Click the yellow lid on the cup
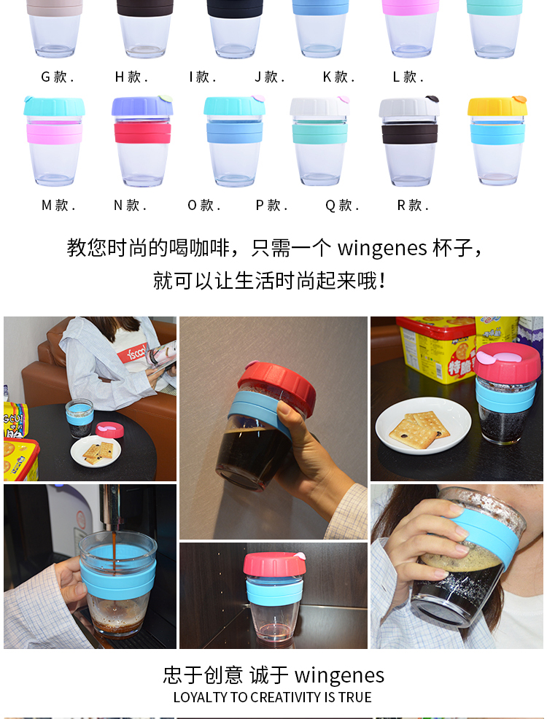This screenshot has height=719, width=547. (497, 106)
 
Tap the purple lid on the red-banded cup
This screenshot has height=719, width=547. (142, 106)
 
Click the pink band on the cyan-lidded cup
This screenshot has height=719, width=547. (54, 133)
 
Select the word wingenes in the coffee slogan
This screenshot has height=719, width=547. (382, 249)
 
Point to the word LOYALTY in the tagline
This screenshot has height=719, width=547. (201, 697)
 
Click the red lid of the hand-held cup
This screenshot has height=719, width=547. (276, 386)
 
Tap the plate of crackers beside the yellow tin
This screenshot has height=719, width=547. (423, 427)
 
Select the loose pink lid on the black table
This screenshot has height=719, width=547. (109, 430)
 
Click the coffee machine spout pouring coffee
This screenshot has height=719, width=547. (110, 509)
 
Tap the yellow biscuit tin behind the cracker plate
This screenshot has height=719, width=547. (435, 349)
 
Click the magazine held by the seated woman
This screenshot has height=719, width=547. (161, 355)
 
